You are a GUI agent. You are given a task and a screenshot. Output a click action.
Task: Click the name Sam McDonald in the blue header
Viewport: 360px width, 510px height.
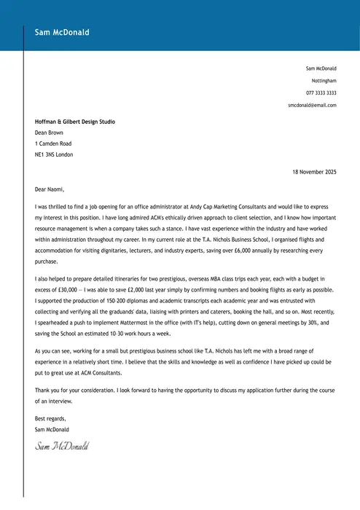click(62, 32)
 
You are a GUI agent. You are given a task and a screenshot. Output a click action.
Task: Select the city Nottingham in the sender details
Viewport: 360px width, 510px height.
click(324, 80)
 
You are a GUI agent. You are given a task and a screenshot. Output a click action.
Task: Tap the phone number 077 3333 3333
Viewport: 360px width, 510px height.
click(321, 93)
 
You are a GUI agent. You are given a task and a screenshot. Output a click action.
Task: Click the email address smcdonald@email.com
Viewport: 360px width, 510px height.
click(312, 105)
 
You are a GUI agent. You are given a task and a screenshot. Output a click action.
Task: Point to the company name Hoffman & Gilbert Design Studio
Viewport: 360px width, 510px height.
click(75, 122)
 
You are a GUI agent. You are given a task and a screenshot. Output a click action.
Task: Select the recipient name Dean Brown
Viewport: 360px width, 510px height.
click(49, 133)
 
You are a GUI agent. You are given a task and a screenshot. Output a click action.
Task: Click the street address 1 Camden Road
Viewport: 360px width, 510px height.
click(53, 144)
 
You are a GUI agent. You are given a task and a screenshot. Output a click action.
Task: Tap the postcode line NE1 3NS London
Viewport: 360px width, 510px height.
click(54, 154)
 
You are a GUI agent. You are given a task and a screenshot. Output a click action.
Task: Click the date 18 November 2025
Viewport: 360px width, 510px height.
click(314, 172)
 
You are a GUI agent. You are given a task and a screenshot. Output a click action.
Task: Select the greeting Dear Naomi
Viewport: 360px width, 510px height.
click(50, 189)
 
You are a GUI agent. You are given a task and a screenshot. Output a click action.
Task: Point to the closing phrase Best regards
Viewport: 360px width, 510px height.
click(50, 419)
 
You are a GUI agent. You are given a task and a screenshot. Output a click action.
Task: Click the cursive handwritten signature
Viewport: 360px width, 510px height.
click(62, 444)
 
